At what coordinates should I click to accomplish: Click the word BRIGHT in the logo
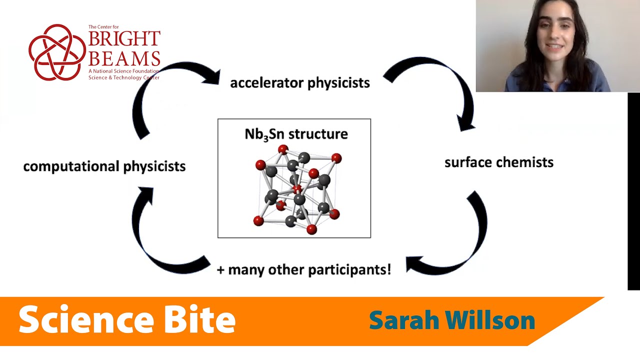[x=124, y=38]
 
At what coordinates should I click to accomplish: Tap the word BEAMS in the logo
[x=124, y=58]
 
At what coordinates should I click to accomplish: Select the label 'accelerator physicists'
[x=299, y=82]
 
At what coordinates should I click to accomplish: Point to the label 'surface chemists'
[x=498, y=162]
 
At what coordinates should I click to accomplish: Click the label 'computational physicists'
[x=104, y=166]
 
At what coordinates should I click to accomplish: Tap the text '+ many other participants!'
[x=303, y=270]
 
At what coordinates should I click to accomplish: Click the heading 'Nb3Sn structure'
[x=296, y=134]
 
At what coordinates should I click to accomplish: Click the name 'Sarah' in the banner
[x=404, y=320]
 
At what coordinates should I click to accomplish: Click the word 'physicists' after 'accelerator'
[x=338, y=82]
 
